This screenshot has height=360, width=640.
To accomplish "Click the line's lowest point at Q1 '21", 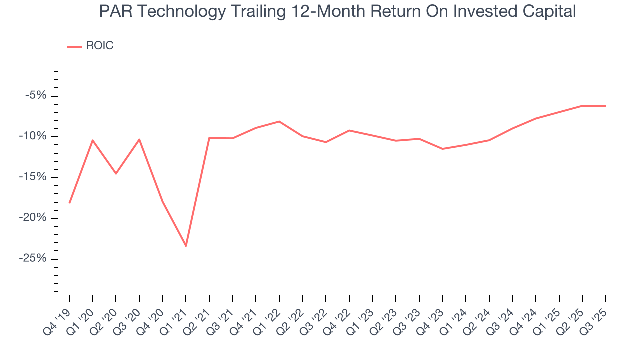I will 186,246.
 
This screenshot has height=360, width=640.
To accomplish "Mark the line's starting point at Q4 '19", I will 69,203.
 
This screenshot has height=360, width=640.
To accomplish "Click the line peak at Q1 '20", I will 92,140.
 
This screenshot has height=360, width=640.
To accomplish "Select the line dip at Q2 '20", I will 116,173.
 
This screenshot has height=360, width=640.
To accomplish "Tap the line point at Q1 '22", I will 279,121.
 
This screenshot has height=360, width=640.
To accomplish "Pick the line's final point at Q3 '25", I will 606,106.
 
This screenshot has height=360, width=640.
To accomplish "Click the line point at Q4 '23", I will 442,149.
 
